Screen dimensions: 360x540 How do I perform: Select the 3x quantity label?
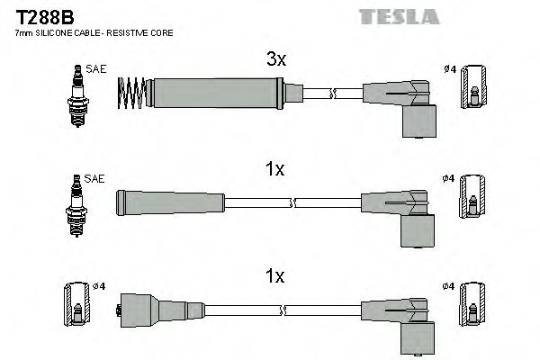275,60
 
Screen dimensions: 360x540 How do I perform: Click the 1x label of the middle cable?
275,168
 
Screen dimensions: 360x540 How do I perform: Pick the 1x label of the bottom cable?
275,277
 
